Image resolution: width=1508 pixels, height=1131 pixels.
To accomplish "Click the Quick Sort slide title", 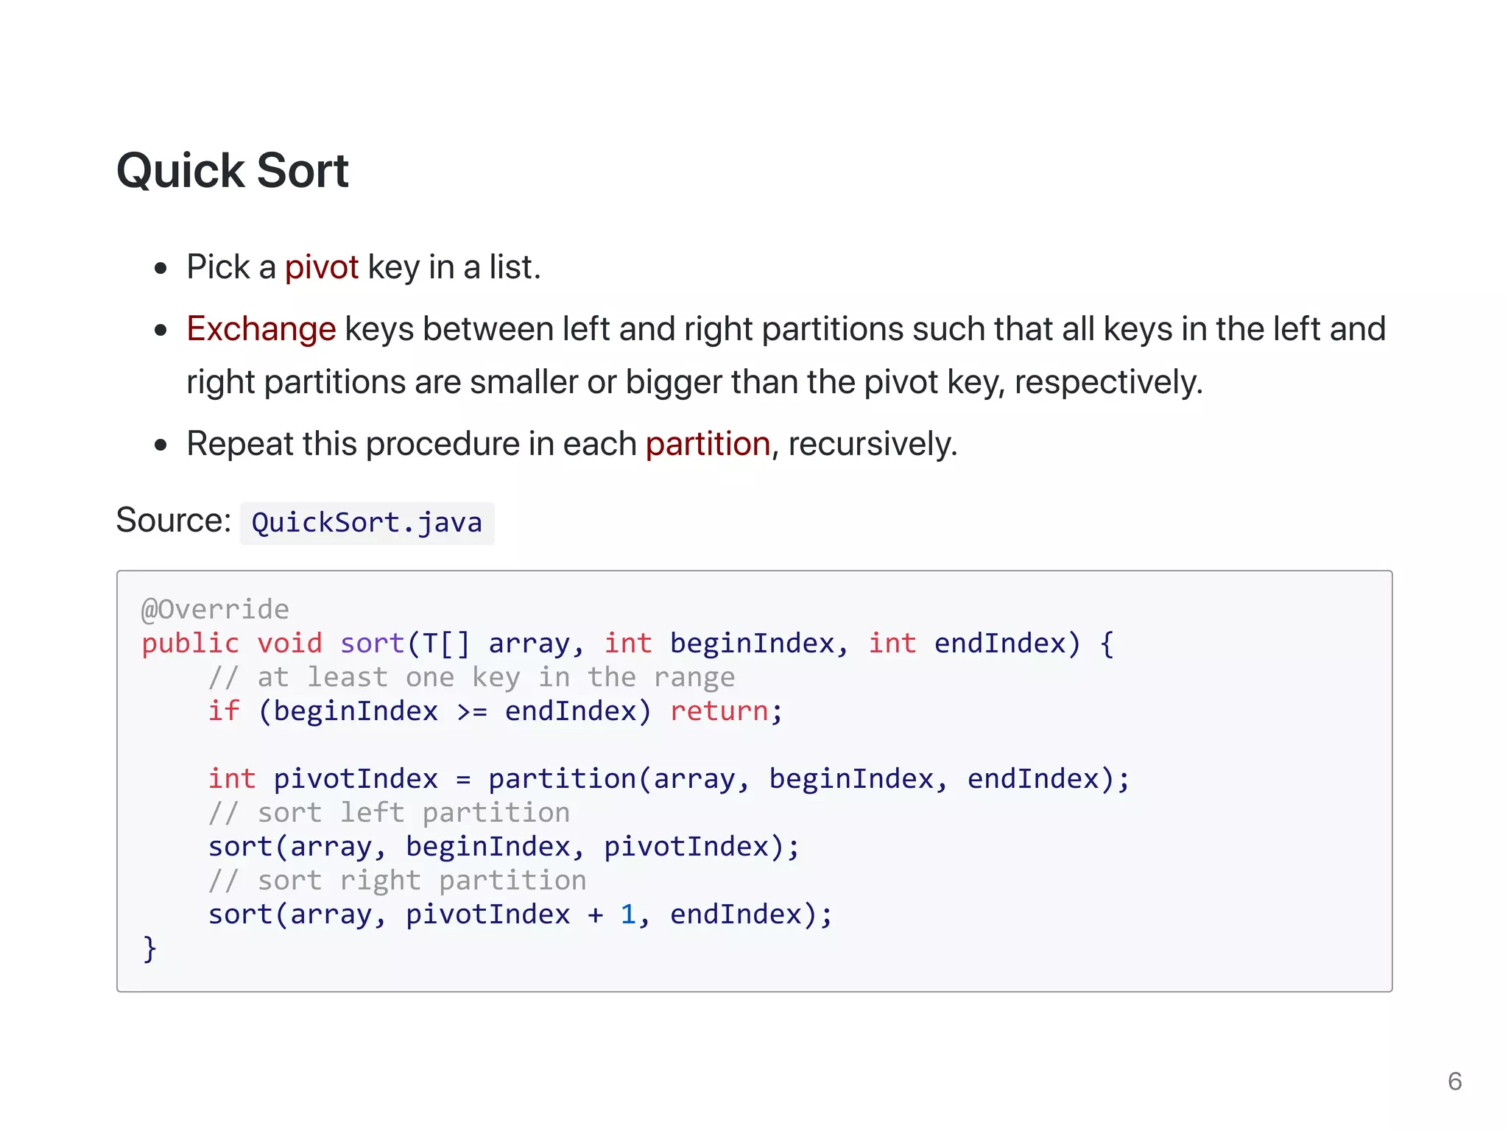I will tap(232, 171).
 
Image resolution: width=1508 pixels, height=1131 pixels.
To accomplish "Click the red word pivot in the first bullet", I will tap(321, 267).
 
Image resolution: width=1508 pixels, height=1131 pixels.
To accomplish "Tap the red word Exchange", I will tap(261, 329).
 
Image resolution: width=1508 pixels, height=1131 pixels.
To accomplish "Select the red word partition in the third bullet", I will tap(708, 444).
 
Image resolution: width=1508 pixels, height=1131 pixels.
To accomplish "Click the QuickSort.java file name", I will tap(367, 523).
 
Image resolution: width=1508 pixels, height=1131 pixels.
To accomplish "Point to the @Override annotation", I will tap(215, 610).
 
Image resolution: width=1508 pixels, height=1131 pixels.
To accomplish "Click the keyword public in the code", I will tap(190, 644).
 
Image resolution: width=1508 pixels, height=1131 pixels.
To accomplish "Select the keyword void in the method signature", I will tap(289, 644).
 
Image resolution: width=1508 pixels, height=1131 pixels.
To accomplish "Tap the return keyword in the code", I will tap(719, 711).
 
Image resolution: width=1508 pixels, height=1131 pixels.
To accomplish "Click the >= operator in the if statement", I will tap(471, 712).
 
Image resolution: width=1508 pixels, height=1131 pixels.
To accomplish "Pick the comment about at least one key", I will tap(471, 677).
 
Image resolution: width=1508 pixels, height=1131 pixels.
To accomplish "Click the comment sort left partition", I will tap(389, 813).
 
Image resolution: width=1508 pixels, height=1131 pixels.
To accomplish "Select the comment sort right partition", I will tap(397, 881).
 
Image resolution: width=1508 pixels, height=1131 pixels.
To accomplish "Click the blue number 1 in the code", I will tap(627, 915).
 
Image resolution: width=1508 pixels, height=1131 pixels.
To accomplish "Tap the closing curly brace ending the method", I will tap(149, 948).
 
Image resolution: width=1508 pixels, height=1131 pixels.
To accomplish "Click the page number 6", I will tap(1454, 1081).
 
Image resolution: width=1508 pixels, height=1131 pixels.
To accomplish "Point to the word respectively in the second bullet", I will tap(1107, 383).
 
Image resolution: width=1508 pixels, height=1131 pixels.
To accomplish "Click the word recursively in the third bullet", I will tap(872, 444).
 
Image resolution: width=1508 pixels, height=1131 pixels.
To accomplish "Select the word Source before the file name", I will tap(173, 521).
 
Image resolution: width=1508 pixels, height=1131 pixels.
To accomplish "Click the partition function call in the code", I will tap(563, 779).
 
